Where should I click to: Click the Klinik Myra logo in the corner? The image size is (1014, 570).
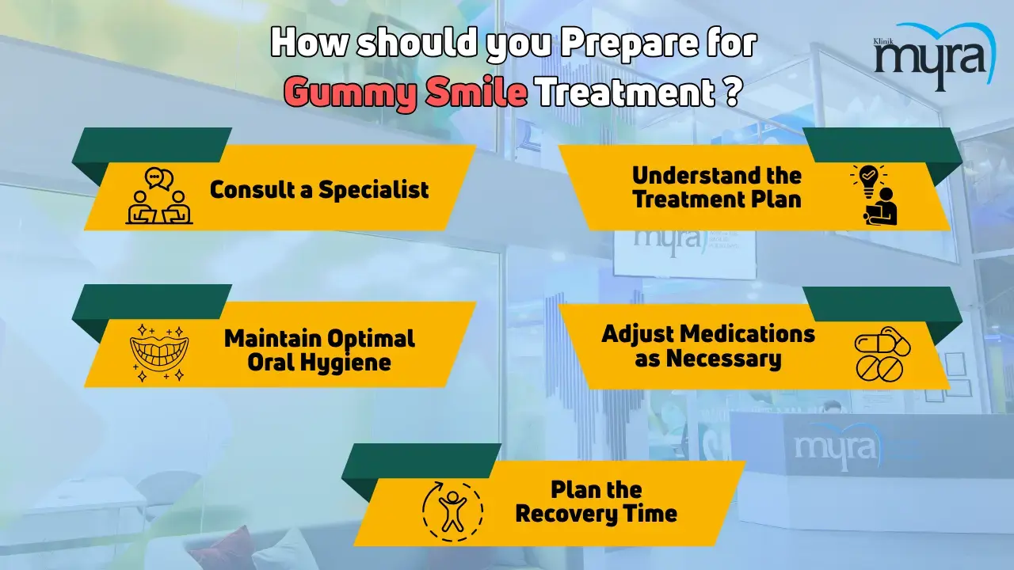(x=935, y=56)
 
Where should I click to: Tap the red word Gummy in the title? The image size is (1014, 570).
(x=350, y=93)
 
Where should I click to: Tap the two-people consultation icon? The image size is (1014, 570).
(x=159, y=196)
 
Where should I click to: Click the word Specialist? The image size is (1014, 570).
(x=373, y=190)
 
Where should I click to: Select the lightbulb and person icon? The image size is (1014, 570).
(x=874, y=195)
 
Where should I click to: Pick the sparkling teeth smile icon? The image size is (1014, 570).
(x=159, y=353)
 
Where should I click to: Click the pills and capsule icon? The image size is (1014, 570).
(x=882, y=354)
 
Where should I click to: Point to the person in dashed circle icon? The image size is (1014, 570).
(x=452, y=511)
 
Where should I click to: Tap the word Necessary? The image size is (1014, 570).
(x=724, y=359)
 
